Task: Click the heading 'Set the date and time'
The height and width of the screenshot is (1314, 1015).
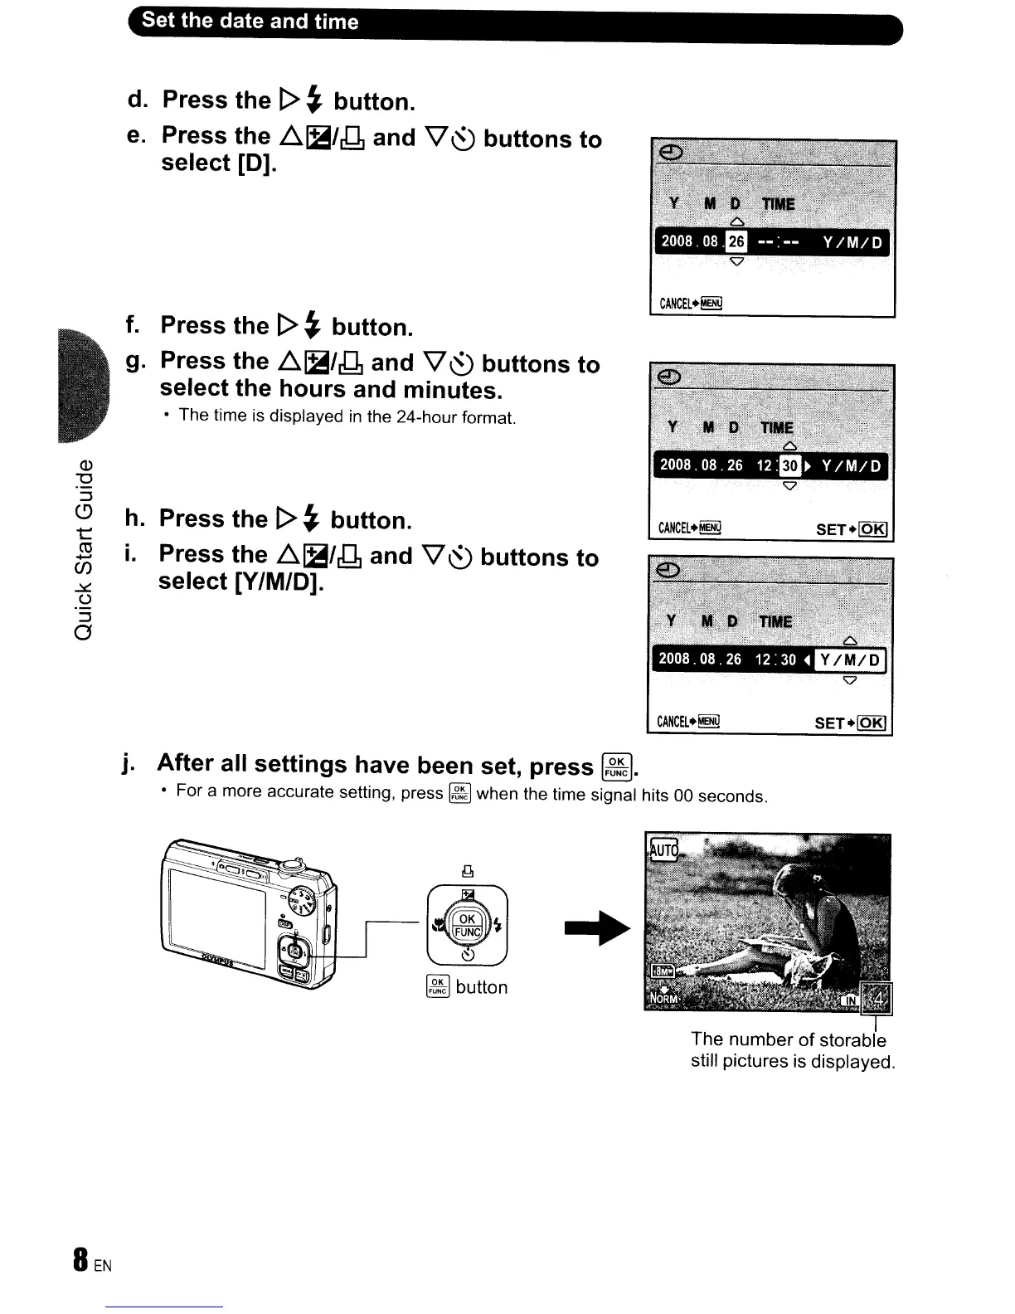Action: click(250, 22)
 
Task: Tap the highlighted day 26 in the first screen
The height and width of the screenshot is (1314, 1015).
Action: click(736, 241)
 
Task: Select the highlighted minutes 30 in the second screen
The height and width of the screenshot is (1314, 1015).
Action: click(790, 465)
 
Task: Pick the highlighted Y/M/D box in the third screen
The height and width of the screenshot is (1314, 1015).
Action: click(850, 660)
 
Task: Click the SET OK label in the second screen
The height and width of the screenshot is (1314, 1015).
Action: click(852, 529)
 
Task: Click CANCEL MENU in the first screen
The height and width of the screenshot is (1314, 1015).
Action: click(691, 303)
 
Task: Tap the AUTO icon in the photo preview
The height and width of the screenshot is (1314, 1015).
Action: click(663, 849)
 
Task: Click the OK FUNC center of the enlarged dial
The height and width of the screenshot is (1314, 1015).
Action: click(467, 925)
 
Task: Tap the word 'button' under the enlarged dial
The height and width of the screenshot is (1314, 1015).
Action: click(481, 987)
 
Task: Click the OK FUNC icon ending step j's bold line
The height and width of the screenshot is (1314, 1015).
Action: click(617, 765)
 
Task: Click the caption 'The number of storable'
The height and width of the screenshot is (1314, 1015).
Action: click(788, 1039)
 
